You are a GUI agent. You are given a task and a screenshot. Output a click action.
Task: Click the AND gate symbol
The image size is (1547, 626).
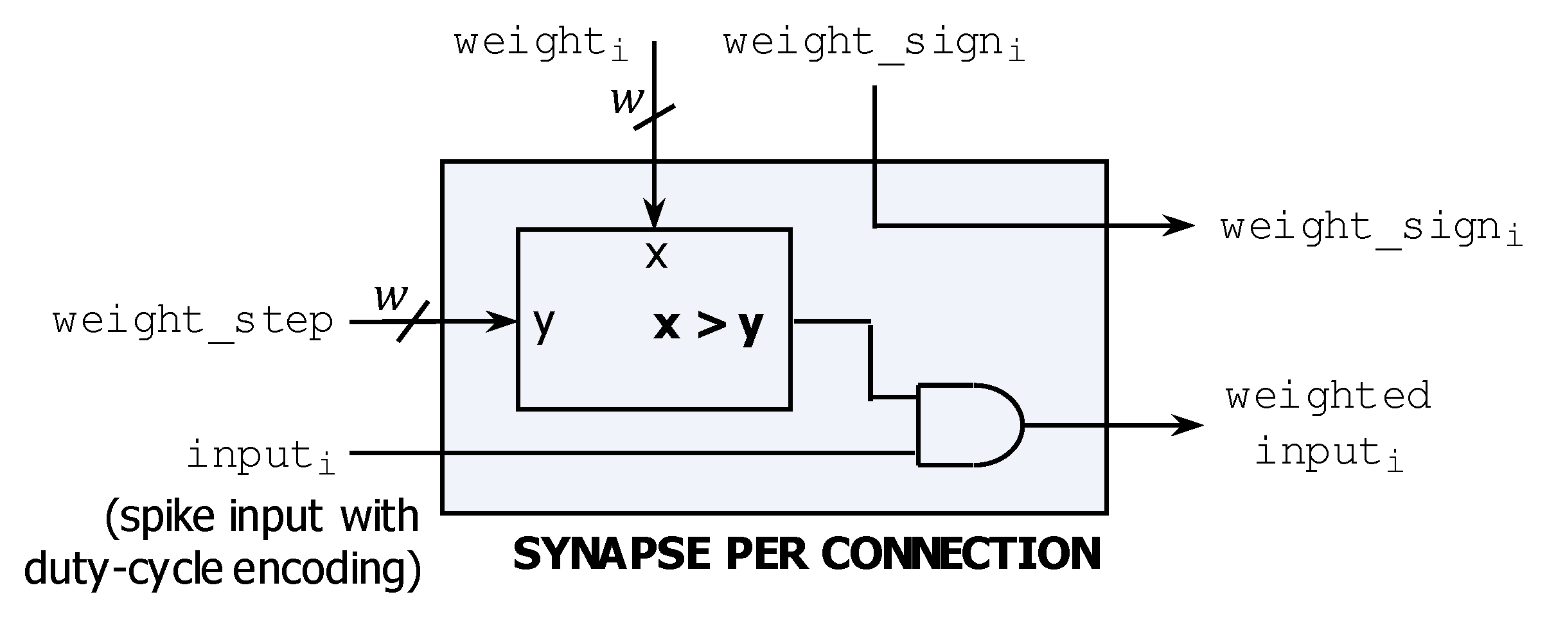pyautogui.click(x=967, y=424)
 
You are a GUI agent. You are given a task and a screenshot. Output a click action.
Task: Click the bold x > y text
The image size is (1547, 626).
pyautogui.click(x=708, y=326)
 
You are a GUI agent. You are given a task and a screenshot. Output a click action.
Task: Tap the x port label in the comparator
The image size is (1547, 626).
pyautogui.click(x=656, y=256)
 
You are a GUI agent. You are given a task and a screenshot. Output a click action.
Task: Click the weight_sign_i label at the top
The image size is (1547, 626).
pyautogui.click(x=874, y=44)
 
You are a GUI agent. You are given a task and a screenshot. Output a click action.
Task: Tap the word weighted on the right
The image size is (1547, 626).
pyautogui.click(x=1328, y=396)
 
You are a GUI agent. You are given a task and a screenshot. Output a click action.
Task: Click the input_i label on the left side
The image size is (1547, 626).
pyautogui.click(x=261, y=456)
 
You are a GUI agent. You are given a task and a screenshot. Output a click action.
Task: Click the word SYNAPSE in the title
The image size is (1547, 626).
pyautogui.click(x=611, y=554)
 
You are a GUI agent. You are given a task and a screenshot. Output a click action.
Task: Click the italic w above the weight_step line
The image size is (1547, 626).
pyautogui.click(x=391, y=297)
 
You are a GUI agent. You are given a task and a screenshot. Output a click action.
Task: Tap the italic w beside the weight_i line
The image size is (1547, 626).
pyautogui.click(x=626, y=100)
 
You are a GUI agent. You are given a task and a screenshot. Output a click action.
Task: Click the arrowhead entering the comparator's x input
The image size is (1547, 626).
pyautogui.click(x=654, y=215)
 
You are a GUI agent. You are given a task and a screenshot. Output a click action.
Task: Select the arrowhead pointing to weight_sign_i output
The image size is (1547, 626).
pyautogui.click(x=1178, y=225)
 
